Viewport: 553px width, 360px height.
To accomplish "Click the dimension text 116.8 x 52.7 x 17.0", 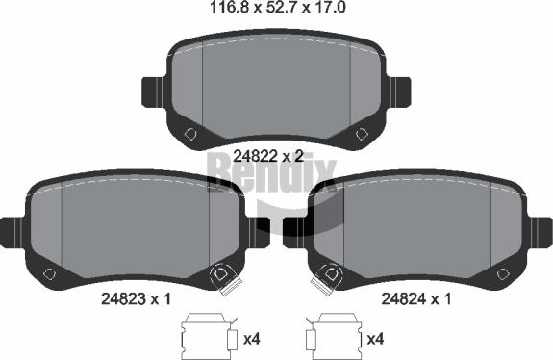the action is [278, 7].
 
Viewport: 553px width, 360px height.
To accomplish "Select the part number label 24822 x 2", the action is [268, 156].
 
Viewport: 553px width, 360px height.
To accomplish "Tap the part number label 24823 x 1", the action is [136, 299].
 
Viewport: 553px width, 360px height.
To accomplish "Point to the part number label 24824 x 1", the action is [416, 299].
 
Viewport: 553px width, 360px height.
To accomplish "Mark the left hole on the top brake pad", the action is [190, 134].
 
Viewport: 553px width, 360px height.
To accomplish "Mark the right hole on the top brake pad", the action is [362, 134].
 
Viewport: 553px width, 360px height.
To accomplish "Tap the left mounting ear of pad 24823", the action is [13, 232].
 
